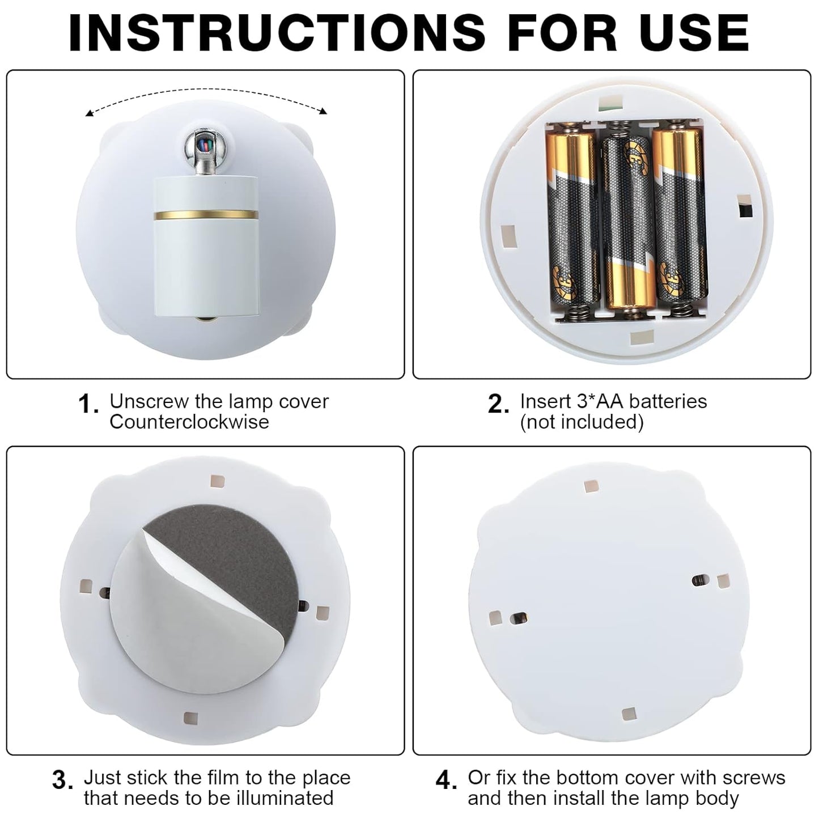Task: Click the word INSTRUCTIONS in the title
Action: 277,33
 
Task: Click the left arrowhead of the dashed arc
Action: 89,113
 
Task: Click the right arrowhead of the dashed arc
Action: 324,111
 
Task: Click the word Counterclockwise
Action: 189,422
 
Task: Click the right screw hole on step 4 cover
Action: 698,580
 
